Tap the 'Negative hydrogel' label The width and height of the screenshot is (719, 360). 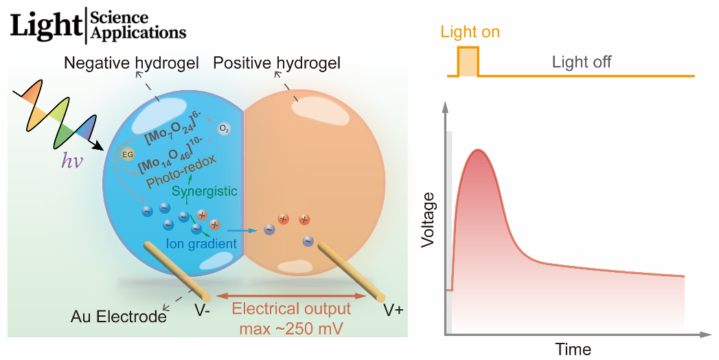click(x=131, y=64)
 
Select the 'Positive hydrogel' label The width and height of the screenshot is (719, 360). click(x=277, y=64)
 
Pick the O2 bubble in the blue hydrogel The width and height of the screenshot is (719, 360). click(x=224, y=128)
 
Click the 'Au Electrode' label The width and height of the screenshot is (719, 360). click(x=118, y=317)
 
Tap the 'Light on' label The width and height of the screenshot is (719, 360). click(x=470, y=32)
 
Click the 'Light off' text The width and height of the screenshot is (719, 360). click(x=581, y=63)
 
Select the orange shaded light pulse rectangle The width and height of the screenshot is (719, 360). click(x=468, y=62)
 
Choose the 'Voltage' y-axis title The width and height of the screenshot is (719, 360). click(x=429, y=220)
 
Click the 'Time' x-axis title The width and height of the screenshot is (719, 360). click(x=573, y=349)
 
